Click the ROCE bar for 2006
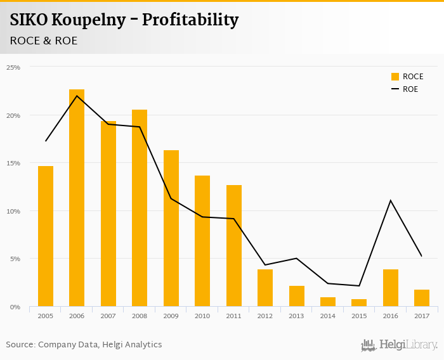click(x=77, y=198)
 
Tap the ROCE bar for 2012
click(x=265, y=288)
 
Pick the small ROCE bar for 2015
click(x=359, y=303)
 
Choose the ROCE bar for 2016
click(x=391, y=288)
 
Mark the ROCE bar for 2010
click(x=202, y=241)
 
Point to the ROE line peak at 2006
click(x=77, y=96)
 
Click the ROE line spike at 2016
click(x=390, y=200)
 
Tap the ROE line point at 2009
click(x=171, y=198)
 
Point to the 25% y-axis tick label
click(x=13, y=67)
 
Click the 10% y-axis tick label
click(x=13, y=211)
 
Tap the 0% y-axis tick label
click(x=15, y=307)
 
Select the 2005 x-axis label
click(x=45, y=316)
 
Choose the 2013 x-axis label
click(x=296, y=316)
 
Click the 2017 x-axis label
click(x=422, y=316)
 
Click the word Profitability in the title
click(x=190, y=20)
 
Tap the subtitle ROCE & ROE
click(x=44, y=41)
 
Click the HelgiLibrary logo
click(x=400, y=345)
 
